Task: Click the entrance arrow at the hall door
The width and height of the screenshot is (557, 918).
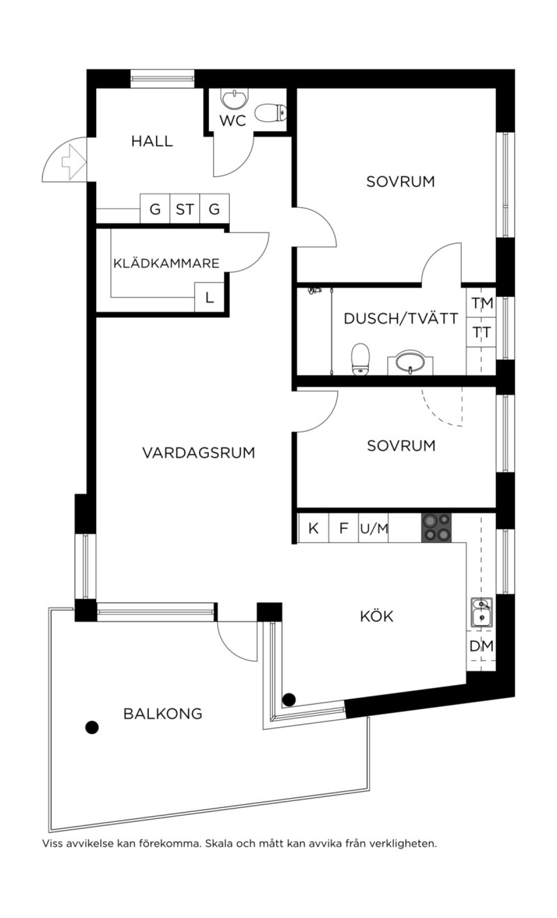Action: (x=74, y=162)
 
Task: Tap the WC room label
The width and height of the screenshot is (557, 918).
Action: (x=233, y=121)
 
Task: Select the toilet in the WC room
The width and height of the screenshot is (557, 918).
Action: (x=271, y=113)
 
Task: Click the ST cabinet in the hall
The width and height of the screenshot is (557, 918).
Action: (x=185, y=209)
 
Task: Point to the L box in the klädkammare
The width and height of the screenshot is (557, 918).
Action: (x=209, y=297)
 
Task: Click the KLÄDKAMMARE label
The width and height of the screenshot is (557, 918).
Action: (x=166, y=263)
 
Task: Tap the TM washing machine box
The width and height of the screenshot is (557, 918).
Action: (x=482, y=303)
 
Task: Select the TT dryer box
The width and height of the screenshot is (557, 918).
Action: (x=482, y=332)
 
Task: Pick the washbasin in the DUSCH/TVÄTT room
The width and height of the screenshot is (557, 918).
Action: (x=410, y=362)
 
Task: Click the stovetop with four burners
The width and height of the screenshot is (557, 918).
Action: (x=436, y=527)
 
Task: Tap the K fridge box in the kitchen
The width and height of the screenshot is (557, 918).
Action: (x=313, y=528)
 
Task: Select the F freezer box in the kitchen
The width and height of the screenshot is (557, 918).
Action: (x=343, y=528)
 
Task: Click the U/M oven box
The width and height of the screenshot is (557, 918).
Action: (x=374, y=528)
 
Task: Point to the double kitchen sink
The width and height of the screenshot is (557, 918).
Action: (x=482, y=612)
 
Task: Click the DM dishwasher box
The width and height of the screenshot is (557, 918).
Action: (x=481, y=646)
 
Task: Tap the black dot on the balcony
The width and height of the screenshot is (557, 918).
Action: (x=92, y=727)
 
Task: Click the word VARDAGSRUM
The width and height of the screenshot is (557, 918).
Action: (x=199, y=452)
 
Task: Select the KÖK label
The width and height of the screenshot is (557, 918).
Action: (x=376, y=616)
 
